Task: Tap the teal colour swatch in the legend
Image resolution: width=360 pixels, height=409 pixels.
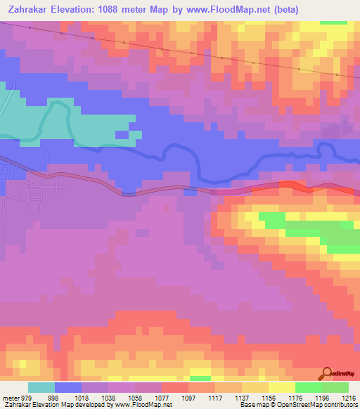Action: pyautogui.click(x=41, y=387)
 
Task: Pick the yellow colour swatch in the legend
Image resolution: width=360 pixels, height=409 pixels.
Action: pyautogui.click(x=282, y=387)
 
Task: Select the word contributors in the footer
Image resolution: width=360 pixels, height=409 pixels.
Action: pyautogui.click(x=340, y=405)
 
